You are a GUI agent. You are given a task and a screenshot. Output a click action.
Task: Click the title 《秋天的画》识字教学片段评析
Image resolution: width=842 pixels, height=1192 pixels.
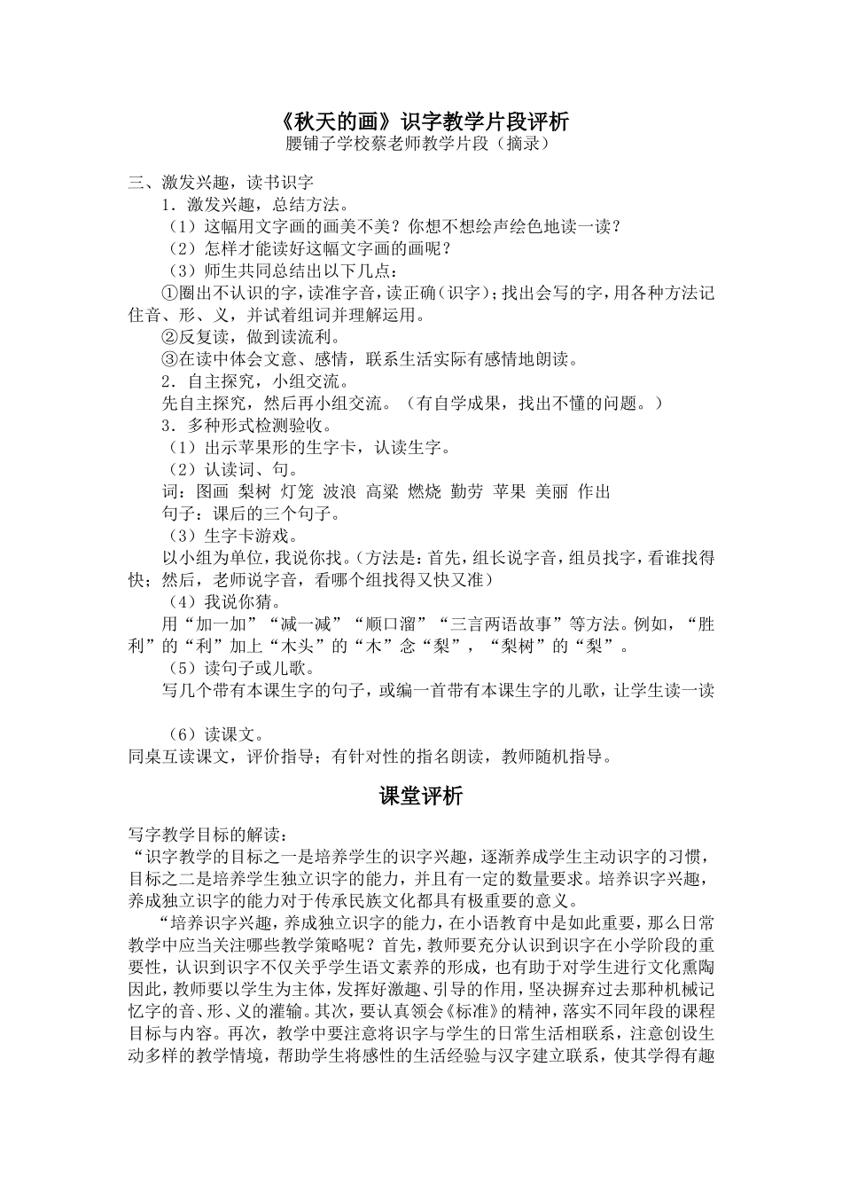pos(420,121)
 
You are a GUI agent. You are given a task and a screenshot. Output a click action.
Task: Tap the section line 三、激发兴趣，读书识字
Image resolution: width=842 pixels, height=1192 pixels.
pos(221,184)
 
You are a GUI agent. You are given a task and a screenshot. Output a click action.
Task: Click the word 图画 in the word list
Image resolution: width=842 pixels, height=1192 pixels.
pos(208,491)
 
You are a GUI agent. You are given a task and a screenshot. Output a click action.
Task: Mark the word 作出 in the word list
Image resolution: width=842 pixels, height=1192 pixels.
pos(594,491)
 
